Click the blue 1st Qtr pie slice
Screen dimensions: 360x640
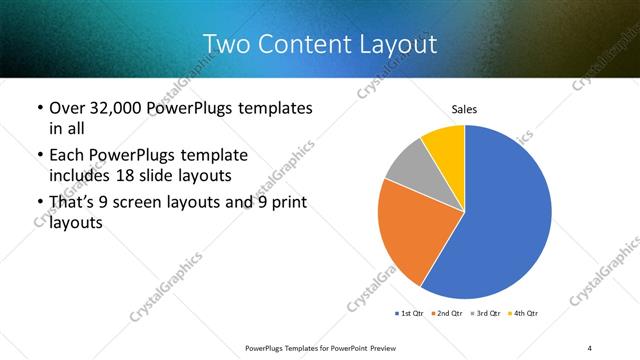pyautogui.click(x=505, y=220)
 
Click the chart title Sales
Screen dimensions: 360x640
pyautogui.click(x=464, y=108)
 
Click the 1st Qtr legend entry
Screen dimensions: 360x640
pyautogui.click(x=410, y=314)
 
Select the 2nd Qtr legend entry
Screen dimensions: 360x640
pyautogui.click(x=446, y=314)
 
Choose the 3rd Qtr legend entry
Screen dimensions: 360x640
pyautogui.click(x=484, y=314)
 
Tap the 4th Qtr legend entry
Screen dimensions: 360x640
pyautogui.click(x=522, y=314)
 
